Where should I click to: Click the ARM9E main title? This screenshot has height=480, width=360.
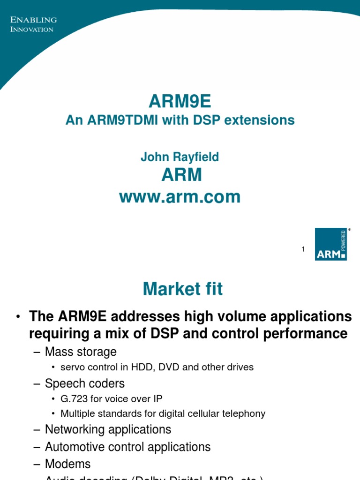180,101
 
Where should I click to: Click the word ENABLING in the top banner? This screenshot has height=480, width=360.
34,20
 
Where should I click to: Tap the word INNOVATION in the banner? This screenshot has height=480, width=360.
32,30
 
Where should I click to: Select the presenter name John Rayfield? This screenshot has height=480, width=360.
180,157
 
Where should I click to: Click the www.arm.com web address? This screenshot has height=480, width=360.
180,197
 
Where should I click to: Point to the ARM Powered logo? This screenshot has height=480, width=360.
331,244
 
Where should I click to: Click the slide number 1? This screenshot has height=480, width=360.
303,249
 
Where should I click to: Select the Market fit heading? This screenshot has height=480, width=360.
183,289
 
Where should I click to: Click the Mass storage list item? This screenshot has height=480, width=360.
81,352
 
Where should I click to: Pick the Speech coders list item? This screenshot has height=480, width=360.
85,383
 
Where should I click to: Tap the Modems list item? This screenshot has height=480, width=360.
67,464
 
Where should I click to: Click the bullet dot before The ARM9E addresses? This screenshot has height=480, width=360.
18,317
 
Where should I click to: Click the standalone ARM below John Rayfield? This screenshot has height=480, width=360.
181,175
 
